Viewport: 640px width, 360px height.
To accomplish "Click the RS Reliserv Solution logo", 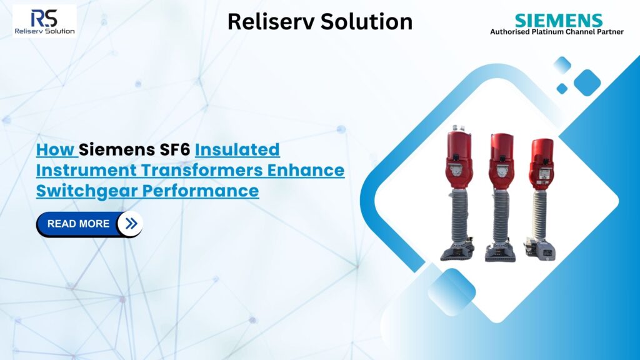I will pos(44,21).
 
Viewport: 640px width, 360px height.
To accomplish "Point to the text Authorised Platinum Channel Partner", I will pos(556,32).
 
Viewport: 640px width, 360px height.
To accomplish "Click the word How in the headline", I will pos(55,150).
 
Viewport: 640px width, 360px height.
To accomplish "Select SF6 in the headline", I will pos(174,150).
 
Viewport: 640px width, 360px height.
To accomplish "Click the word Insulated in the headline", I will pos(237,150).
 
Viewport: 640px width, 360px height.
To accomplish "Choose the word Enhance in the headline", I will pos(310,170).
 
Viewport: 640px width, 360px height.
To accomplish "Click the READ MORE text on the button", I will pos(78,224).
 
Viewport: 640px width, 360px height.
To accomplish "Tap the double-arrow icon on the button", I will pos(131,224).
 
